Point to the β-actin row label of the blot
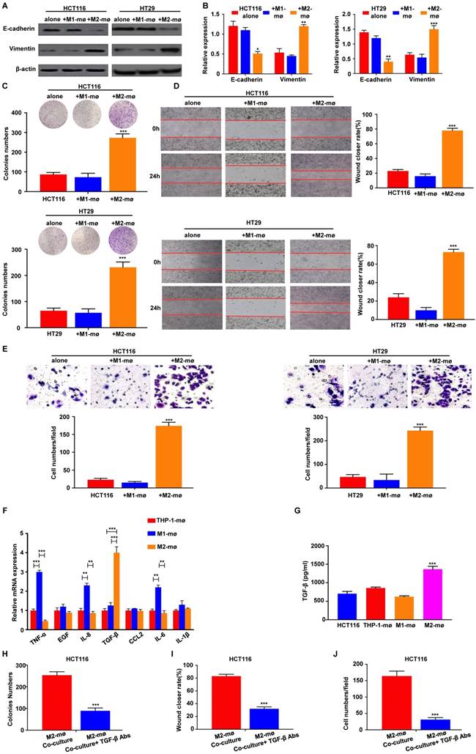(18, 70)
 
